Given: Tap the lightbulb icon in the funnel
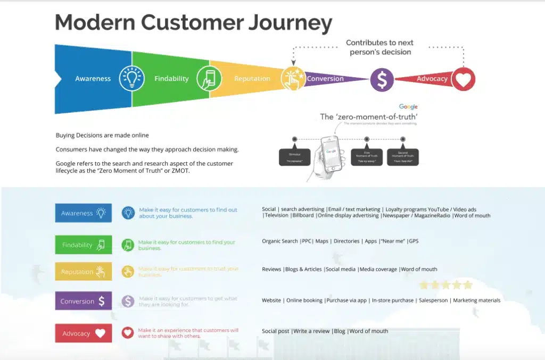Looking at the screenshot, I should point(131,79).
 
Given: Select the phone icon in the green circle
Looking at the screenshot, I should point(209,79).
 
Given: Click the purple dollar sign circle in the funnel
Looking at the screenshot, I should point(382,79).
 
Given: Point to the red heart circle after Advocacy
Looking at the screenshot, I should point(463,79).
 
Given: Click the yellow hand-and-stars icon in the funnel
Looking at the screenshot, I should point(292,79).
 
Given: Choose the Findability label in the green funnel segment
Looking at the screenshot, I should point(171,79).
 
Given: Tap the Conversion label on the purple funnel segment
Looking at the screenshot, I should point(325,79).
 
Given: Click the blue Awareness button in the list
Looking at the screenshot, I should point(84,213).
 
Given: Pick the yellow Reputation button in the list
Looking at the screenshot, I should point(84,272).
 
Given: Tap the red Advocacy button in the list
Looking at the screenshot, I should point(84,333).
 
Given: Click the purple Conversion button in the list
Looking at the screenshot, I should point(84,301).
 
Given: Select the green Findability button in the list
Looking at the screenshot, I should point(84,245).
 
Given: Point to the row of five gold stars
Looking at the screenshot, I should point(446,285).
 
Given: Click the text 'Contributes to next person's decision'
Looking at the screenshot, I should point(379,47).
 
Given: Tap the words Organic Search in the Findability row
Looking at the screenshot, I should point(280,241).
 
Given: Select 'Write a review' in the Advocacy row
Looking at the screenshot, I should point(311,331).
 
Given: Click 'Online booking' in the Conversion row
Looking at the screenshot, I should point(304,300).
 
